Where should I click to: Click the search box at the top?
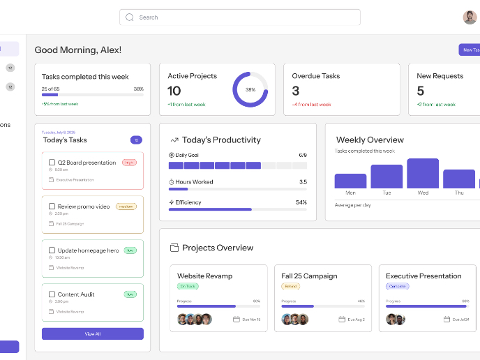click(x=239, y=17)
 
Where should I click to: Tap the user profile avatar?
click(x=470, y=17)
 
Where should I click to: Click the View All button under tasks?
click(x=92, y=334)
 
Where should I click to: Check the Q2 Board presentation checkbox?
click(x=52, y=163)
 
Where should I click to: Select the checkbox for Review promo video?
click(x=52, y=207)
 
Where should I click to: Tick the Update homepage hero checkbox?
click(x=52, y=250)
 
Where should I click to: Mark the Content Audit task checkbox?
click(x=52, y=294)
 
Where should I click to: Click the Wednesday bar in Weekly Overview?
click(x=423, y=173)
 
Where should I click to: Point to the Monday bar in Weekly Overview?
click(x=350, y=181)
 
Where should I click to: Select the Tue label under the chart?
click(x=387, y=193)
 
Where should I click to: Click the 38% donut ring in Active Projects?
click(x=250, y=89)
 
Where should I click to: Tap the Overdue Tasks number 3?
click(x=296, y=91)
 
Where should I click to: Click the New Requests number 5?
click(x=420, y=91)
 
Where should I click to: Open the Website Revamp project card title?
click(x=204, y=276)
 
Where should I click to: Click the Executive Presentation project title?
click(x=423, y=276)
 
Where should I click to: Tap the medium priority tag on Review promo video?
click(x=126, y=207)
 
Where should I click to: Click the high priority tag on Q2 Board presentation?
click(x=129, y=163)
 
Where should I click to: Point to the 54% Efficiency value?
click(x=301, y=202)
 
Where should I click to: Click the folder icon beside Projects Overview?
click(x=174, y=248)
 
